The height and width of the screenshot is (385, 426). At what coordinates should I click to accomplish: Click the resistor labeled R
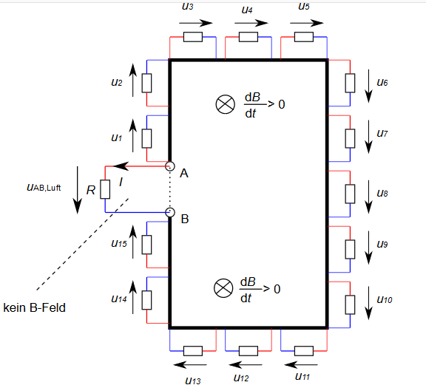[105, 189]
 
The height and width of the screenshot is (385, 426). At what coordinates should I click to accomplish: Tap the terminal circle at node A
[170, 166]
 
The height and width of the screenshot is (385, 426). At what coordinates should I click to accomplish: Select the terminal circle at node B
[170, 212]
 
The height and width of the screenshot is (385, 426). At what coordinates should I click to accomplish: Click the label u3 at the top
[187, 6]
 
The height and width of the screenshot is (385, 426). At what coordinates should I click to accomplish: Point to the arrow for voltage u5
[307, 23]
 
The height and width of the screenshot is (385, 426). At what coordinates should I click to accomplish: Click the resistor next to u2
[146, 83]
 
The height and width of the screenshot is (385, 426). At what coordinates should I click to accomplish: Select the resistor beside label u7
[351, 138]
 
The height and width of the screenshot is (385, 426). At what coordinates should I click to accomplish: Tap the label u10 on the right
[385, 299]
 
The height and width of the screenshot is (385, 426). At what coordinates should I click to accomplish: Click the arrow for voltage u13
[190, 364]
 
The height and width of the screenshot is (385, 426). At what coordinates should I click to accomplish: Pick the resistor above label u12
[248, 351]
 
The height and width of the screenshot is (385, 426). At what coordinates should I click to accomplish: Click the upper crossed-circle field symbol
[226, 104]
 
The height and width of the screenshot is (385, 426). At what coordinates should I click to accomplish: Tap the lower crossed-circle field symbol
[223, 288]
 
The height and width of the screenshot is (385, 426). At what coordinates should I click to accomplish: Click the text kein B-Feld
[35, 308]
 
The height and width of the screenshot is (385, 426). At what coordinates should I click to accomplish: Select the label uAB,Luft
[44, 188]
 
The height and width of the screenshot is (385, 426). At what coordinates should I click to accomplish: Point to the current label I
[121, 182]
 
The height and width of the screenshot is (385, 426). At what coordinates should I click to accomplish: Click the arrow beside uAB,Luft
[78, 190]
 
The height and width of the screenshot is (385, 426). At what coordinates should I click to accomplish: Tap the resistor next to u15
[146, 245]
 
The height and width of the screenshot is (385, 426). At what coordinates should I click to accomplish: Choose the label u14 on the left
[119, 299]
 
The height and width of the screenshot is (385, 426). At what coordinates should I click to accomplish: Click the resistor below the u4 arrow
[248, 37]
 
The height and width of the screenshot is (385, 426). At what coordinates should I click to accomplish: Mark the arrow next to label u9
[368, 248]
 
